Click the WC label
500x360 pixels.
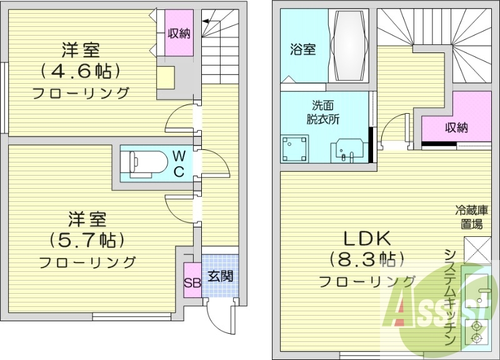click(179, 164)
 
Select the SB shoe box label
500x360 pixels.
click(192, 283)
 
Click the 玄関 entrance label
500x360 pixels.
click(221, 276)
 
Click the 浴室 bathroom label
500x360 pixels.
click(302, 49)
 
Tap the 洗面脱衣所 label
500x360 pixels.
click(322, 112)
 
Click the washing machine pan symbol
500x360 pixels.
click(294, 149)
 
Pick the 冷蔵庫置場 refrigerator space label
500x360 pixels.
click(471, 217)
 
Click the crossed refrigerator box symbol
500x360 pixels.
click(477, 250)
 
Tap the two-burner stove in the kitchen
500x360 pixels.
click(477, 332)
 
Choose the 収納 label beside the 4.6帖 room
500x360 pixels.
click(179, 33)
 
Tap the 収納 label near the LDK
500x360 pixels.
click(456, 127)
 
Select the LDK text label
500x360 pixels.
click(367, 239)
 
